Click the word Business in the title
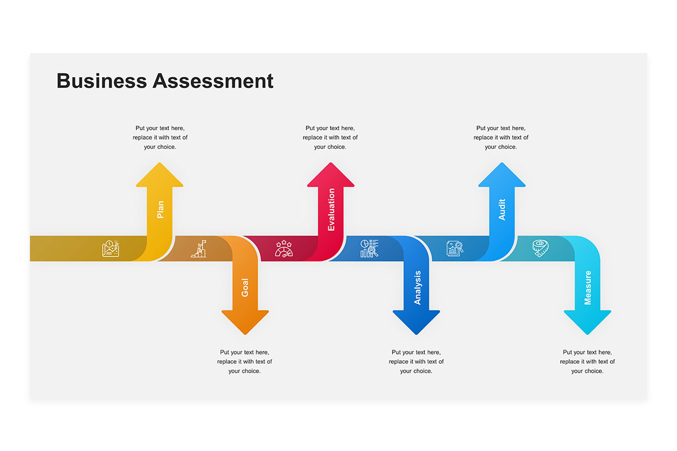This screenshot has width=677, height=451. pos(102,81)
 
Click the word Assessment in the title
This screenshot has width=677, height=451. pos(213,81)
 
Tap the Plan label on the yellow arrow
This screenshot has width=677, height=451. pos(160,210)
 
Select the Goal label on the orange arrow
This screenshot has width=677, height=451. pos(245,288)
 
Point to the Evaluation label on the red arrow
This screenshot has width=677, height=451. pos(331,210)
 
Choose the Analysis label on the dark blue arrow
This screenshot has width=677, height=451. pos(417,288)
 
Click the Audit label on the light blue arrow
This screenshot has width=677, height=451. pos(502,210)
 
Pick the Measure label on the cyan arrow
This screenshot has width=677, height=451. pos(587,288)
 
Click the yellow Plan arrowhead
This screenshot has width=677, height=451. pos(160,175)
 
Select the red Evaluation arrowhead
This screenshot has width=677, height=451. pos(331,175)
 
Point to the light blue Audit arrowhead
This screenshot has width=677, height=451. pos(502,175)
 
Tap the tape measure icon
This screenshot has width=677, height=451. pos(540,248)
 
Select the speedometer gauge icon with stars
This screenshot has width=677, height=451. pos(284,249)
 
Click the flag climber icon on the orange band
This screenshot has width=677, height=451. pos(199,249)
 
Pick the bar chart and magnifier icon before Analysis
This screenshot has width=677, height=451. pos(370,248)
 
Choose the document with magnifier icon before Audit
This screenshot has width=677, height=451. pos(455,249)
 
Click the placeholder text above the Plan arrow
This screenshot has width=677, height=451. pos(160,138)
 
